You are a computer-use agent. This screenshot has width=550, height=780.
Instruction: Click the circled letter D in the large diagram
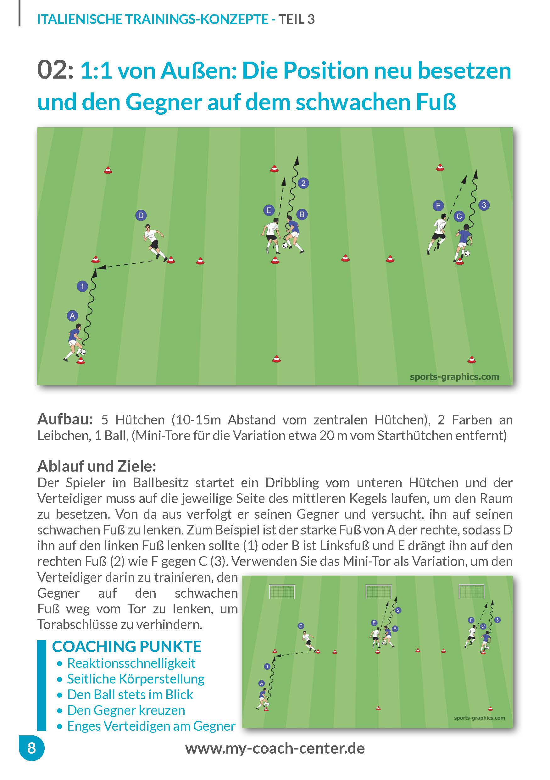tap(141, 215)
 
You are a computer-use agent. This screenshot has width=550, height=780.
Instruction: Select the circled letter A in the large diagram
tap(72, 316)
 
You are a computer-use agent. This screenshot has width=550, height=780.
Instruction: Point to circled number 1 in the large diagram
tap(82, 286)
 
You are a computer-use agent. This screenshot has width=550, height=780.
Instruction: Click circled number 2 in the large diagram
tap(303, 183)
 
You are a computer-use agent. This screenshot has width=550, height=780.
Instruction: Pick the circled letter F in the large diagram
tap(438, 205)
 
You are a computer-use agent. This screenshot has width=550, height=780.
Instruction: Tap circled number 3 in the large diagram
tap(484, 205)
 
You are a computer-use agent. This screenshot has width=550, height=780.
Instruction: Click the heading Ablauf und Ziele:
tap(97, 466)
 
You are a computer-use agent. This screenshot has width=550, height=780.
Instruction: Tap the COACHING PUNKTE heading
tap(126, 646)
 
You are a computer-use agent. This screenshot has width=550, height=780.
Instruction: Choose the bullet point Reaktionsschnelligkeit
tap(131, 663)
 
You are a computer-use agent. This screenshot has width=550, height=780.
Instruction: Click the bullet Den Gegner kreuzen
tap(126, 710)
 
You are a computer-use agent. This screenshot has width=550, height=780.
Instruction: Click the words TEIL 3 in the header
tap(297, 19)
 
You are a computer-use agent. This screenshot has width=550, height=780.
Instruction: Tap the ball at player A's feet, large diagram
tap(83, 352)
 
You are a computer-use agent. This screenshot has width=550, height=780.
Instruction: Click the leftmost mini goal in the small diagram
tap(282, 591)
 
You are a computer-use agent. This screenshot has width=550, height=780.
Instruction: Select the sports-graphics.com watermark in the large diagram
tap(454, 377)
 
